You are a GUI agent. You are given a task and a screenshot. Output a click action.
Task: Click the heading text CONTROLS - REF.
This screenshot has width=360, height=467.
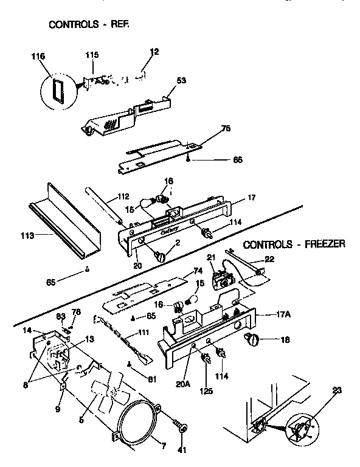pyautogui.click(x=89, y=25)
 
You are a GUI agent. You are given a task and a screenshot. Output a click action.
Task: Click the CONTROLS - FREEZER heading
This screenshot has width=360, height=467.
pyautogui.click(x=294, y=245)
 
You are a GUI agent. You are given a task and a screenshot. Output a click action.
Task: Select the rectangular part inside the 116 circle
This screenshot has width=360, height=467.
pyautogui.click(x=58, y=89)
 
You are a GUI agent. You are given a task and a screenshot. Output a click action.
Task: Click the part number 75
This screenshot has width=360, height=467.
pyautogui.click(x=226, y=129)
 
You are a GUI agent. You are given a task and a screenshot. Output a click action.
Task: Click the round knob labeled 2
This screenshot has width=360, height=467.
pyautogui.click(x=161, y=257)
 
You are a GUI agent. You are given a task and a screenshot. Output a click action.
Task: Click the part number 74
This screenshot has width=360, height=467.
pyautogui.click(x=196, y=271)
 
